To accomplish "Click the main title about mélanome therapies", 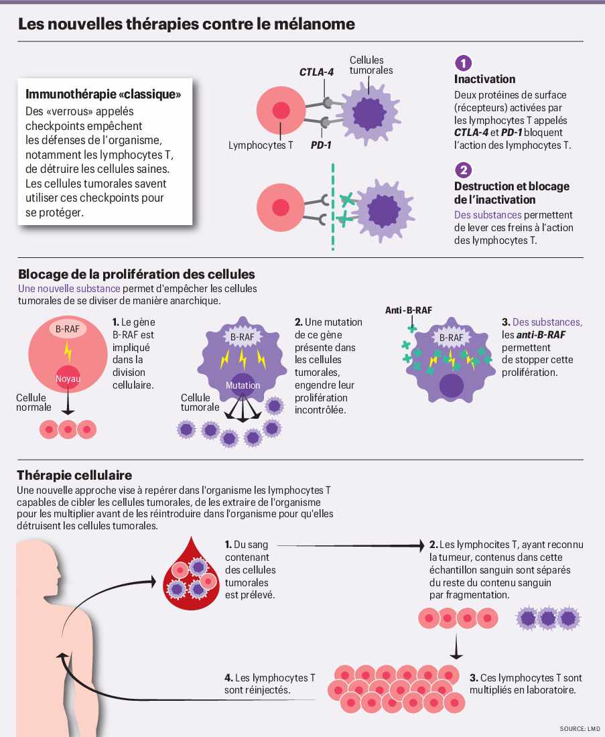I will [186, 25].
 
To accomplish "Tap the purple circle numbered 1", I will [463, 63].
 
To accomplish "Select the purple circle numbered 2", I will [463, 170].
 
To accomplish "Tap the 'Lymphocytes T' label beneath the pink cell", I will [261, 145].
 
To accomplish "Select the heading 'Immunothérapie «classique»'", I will [103, 94].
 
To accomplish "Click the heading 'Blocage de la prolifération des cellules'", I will [137, 275].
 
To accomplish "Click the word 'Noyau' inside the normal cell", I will [67, 379].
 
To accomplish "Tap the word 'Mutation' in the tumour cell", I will [243, 385].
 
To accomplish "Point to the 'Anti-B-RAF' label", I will [409, 310].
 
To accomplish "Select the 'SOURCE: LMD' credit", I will [580, 728].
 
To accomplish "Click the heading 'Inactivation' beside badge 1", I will [484, 79].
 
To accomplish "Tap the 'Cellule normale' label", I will [33, 402].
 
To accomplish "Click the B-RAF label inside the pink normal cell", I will [67, 329].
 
